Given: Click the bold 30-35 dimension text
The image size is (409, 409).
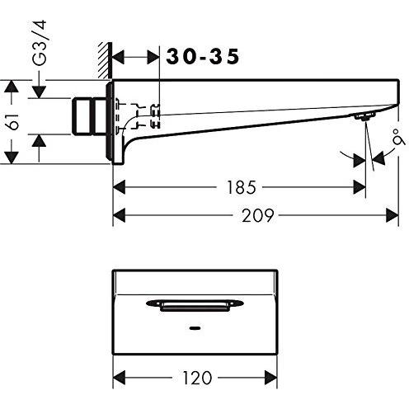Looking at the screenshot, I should [x=203, y=56].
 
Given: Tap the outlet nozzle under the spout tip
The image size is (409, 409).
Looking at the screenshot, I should [x=360, y=120].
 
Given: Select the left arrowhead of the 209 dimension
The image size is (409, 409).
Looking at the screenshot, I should [x=117, y=215].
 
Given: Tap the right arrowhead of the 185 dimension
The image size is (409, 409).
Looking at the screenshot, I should [x=360, y=188].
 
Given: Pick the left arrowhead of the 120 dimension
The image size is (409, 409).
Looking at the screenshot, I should [x=117, y=378].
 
